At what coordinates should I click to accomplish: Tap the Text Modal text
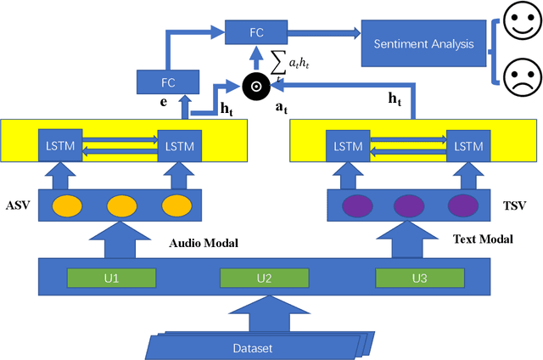click(x=484, y=239)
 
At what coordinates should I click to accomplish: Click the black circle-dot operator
click(x=254, y=85)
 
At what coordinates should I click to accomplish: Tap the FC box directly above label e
click(x=167, y=83)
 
